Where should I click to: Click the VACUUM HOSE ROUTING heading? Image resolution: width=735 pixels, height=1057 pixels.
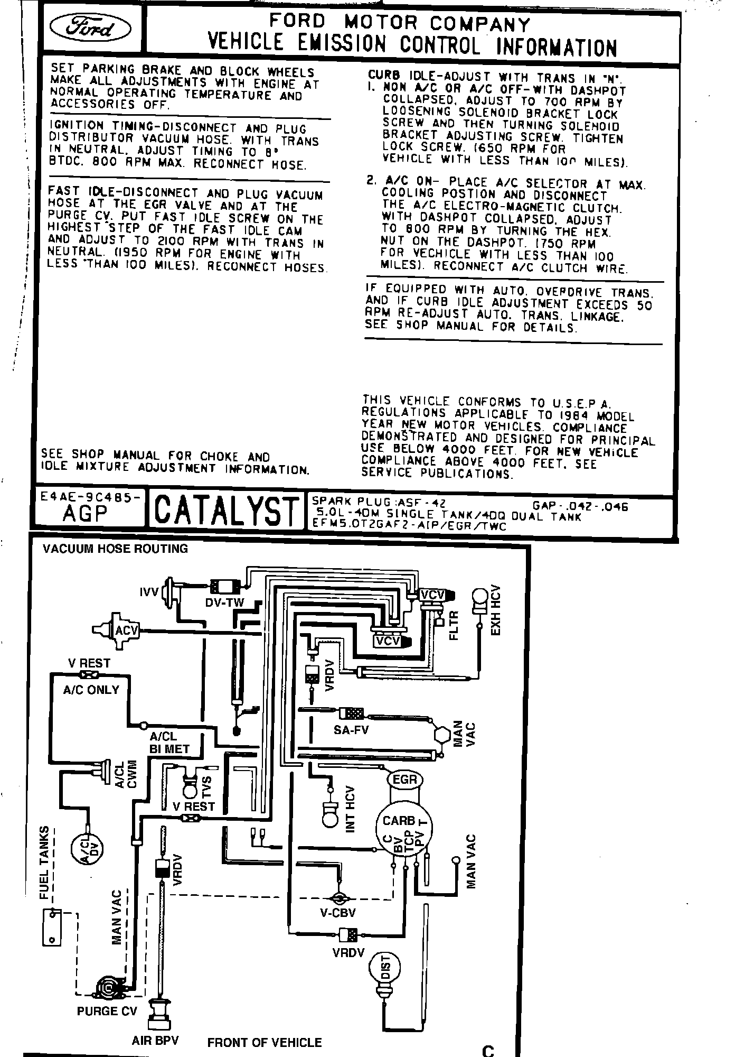click(115, 549)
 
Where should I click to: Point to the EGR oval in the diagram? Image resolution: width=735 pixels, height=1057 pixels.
click(405, 780)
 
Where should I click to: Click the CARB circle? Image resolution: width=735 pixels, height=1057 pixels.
click(399, 821)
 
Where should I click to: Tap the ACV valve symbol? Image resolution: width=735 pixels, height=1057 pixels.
click(125, 630)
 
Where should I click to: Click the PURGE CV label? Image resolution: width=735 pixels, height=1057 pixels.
click(107, 1011)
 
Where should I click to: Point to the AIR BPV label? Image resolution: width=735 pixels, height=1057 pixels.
click(155, 1041)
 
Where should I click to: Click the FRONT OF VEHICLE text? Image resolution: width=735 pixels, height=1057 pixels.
click(265, 1043)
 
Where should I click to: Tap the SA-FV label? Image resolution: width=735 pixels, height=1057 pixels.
click(351, 730)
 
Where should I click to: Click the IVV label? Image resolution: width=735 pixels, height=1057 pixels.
click(149, 592)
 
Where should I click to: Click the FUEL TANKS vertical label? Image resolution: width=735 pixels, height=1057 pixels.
click(45, 862)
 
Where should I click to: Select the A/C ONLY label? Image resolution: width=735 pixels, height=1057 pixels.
click(91, 690)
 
